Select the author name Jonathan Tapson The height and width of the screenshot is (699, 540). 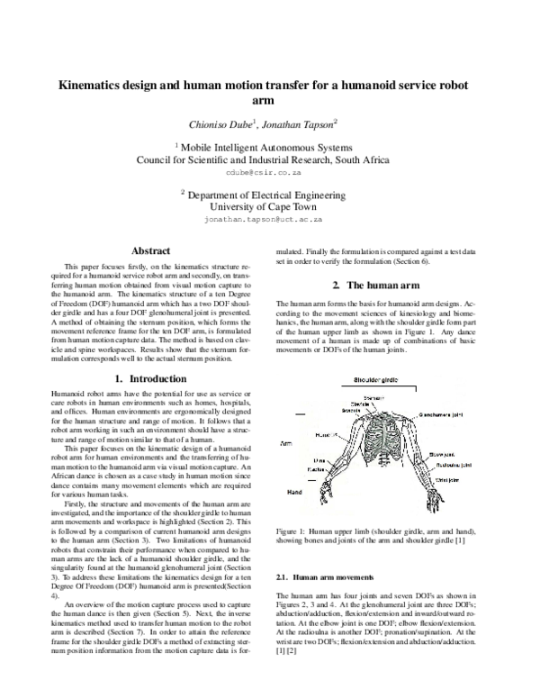pyautogui.click(x=299, y=123)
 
